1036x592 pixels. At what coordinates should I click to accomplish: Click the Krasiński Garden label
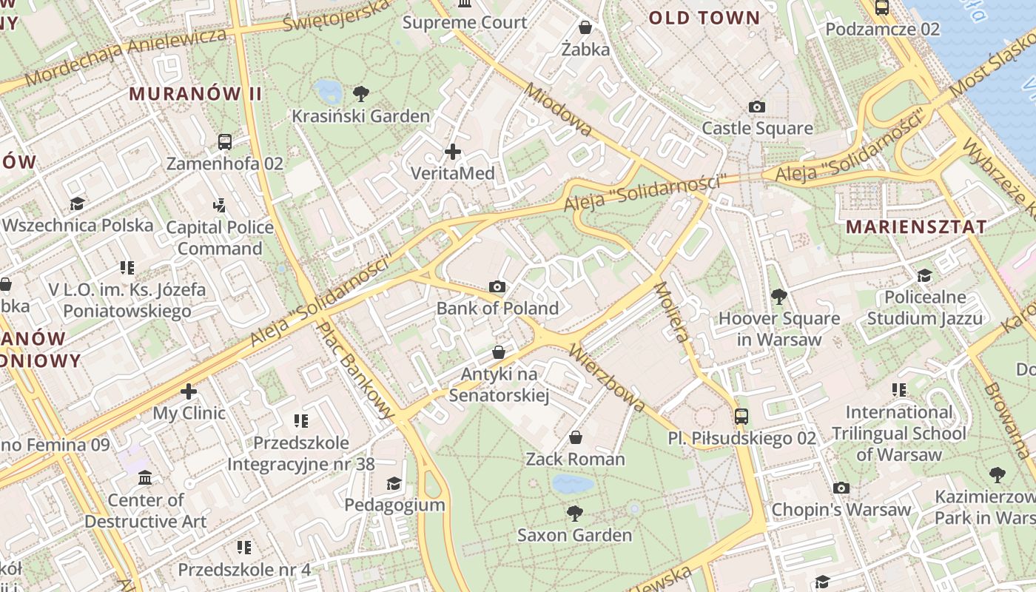(360, 116)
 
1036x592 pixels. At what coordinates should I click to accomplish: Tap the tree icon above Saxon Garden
(574, 513)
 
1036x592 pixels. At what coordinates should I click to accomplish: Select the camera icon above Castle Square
(756, 107)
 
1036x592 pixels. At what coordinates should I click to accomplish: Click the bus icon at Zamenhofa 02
(224, 142)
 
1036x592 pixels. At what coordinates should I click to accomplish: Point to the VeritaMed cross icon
(452, 152)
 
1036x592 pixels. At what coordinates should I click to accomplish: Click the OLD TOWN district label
(704, 18)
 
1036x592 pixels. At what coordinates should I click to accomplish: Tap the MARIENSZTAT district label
(916, 226)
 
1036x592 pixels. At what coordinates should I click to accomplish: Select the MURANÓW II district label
(195, 94)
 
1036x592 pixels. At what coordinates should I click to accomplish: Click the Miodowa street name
(558, 110)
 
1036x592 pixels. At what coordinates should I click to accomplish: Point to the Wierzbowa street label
(608, 377)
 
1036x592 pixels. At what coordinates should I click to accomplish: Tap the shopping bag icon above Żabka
(585, 28)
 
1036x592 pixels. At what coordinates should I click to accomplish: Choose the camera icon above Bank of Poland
(497, 286)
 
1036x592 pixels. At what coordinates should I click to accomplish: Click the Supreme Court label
(465, 22)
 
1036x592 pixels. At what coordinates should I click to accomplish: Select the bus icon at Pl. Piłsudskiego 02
(741, 417)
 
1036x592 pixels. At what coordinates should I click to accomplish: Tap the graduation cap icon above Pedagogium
(394, 484)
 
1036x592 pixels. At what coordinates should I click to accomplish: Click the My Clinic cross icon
(189, 391)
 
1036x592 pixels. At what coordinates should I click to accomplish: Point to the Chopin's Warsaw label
(841, 510)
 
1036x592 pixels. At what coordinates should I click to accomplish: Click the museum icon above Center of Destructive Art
(145, 478)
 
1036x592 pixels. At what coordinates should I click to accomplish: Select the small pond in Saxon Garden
(573, 485)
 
